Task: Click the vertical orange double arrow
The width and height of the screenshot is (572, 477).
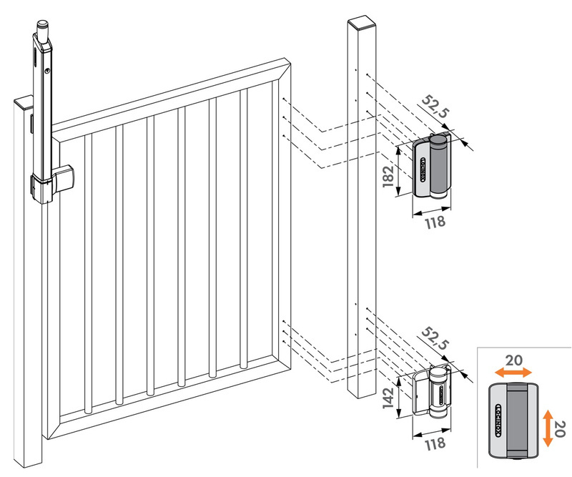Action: (547, 428)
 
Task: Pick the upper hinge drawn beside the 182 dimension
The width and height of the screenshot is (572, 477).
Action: (433, 169)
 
